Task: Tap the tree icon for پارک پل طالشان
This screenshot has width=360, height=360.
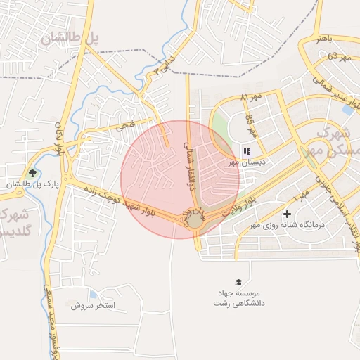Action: coord(32,173)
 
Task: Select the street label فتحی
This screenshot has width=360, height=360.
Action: coord(124,126)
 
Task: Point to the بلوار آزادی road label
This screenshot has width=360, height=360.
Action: coord(60,139)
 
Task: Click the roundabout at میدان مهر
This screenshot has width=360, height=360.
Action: coord(194,222)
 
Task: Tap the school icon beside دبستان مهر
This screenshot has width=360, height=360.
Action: coord(247,151)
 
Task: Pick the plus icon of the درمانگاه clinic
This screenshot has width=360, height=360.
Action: coord(287,214)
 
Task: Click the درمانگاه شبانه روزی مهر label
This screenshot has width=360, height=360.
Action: coord(287,226)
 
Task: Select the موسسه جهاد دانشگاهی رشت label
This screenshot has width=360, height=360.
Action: coord(238,297)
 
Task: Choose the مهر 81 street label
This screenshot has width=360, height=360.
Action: coord(250,96)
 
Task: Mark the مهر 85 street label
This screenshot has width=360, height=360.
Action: coord(250,127)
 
